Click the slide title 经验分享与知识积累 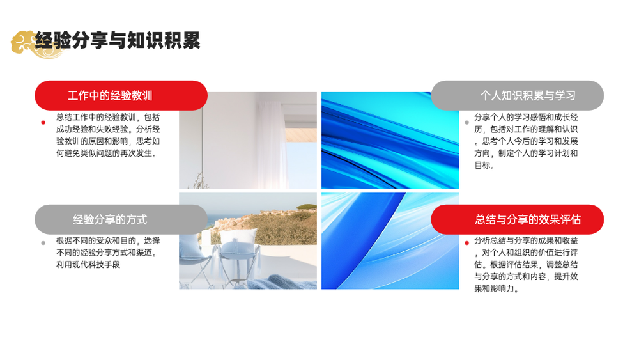[x=118, y=40]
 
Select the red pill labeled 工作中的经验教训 [x=121, y=95]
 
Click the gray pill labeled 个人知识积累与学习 [x=518, y=95]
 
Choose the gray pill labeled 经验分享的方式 [x=121, y=219]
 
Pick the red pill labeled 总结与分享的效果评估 [x=518, y=219]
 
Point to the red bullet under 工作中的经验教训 [x=43, y=122]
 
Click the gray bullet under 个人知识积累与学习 [x=466, y=122]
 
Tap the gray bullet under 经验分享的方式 [x=43, y=243]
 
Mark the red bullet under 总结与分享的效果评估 [x=466, y=243]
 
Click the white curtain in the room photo [x=271, y=143]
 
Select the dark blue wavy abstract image [x=390, y=140]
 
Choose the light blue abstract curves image [x=390, y=241]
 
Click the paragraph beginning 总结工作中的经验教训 [x=108, y=135]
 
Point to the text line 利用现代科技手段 [x=88, y=265]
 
